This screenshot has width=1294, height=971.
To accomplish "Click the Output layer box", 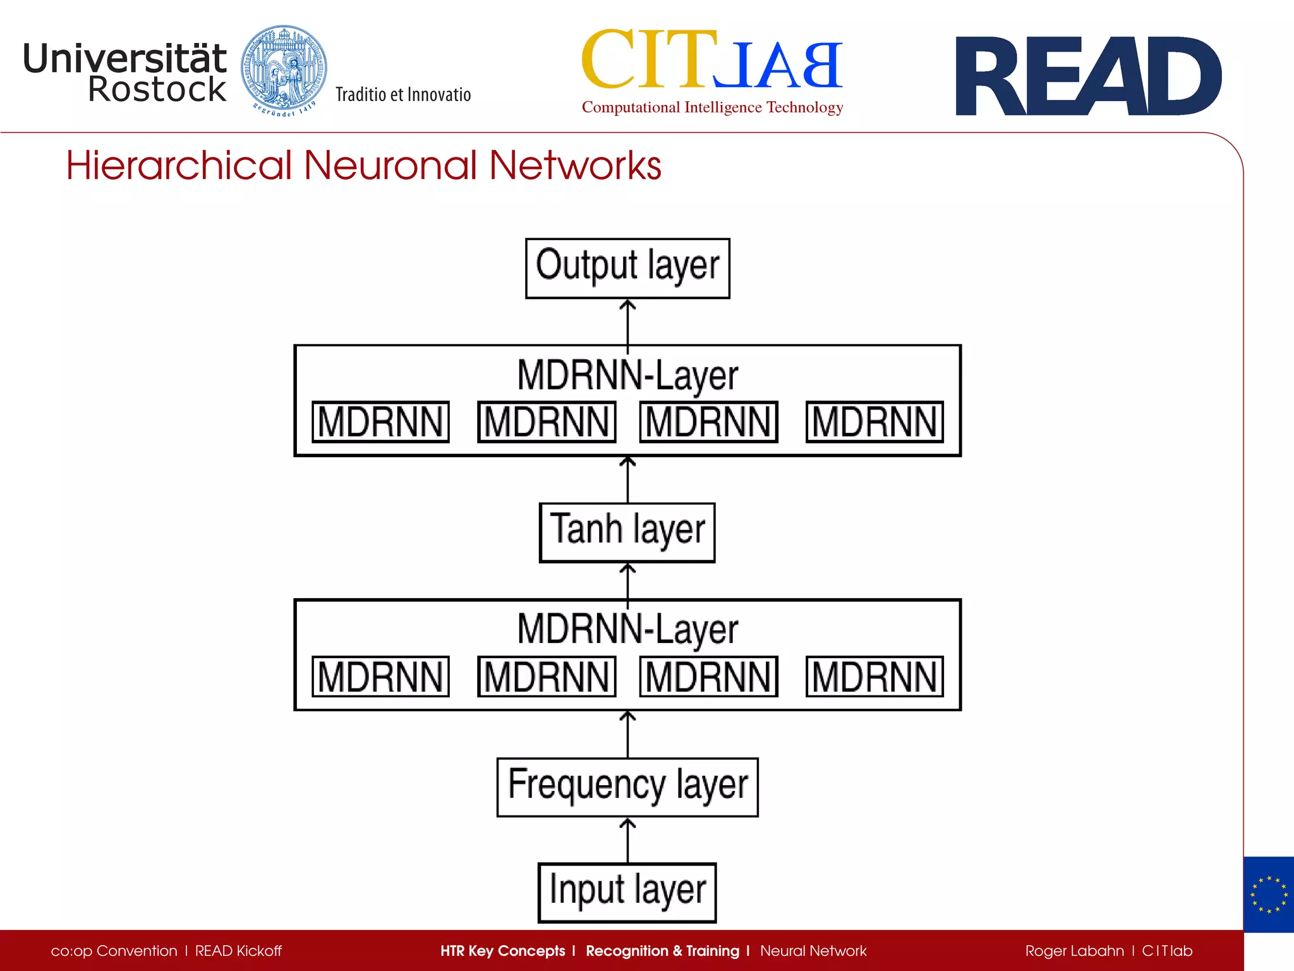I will tap(627, 268).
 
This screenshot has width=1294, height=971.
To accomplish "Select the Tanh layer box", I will tap(627, 532).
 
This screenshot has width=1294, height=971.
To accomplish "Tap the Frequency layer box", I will tap(627, 787).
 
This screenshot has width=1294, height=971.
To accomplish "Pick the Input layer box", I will tap(627, 892).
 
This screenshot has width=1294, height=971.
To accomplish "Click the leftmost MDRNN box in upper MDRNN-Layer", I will tap(380, 422).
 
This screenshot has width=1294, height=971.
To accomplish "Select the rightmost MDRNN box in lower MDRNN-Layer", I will tap(874, 676).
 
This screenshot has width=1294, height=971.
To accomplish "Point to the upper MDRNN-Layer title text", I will tap(627, 376).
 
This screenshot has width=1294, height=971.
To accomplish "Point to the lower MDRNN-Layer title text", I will tap(627, 630).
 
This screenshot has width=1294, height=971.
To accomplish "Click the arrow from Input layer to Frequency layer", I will tap(627, 840).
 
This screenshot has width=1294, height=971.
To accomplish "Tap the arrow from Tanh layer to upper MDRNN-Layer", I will tap(627, 480).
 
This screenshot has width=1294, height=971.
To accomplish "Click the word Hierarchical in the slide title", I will tap(179, 166).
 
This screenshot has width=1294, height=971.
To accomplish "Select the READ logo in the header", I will tap(1088, 76).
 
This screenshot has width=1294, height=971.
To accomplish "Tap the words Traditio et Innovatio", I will tap(403, 95).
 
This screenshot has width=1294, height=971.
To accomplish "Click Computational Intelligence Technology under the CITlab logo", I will tap(712, 107).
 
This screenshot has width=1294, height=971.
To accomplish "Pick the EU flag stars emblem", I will tap(1268, 895).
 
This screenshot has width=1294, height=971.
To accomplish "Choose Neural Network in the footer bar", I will tap(813, 951).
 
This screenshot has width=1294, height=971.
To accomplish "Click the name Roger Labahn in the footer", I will tap(1074, 951).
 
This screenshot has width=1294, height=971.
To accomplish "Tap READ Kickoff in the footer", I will tap(238, 951).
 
